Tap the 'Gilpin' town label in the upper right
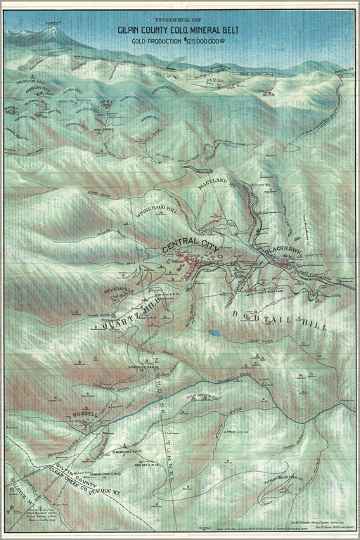coord(268,94)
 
